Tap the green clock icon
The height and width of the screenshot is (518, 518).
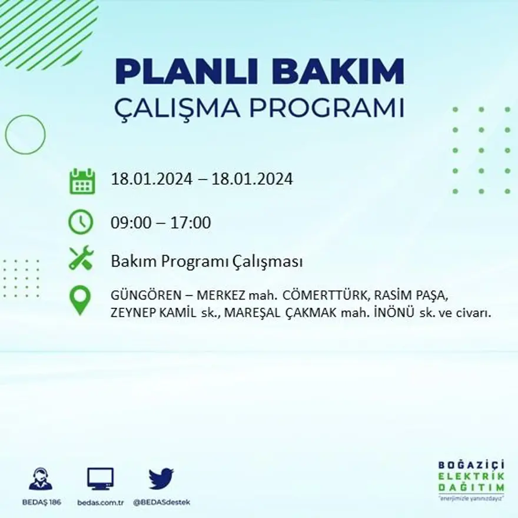pyautogui.click(x=81, y=222)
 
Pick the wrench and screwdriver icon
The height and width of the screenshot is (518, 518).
pyautogui.click(x=81, y=258)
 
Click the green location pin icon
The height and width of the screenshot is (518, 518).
pyautogui.click(x=80, y=300)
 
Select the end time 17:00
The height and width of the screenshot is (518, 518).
pyautogui.click(x=190, y=223)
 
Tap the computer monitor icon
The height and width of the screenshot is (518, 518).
pyautogui.click(x=100, y=479)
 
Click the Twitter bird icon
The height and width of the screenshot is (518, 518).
pyautogui.click(x=161, y=479)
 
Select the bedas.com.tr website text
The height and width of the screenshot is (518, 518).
pyautogui.click(x=100, y=502)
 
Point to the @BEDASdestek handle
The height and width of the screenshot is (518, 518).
pyautogui.click(x=161, y=502)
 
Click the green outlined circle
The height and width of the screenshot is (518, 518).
pyautogui.click(x=25, y=134)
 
